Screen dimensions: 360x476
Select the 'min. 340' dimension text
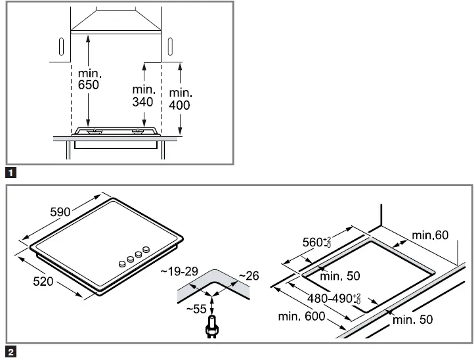point(142,95)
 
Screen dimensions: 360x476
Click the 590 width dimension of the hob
point(60,212)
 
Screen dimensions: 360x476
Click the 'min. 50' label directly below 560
point(343,276)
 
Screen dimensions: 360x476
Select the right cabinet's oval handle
point(170,47)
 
